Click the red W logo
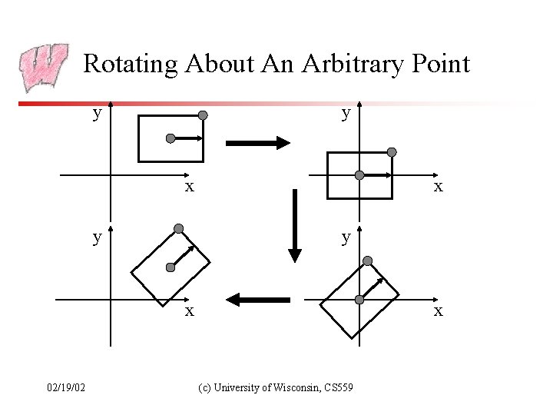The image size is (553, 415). pos(44,68)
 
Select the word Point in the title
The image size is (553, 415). pos(440,63)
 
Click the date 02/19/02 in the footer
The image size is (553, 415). pos(66,387)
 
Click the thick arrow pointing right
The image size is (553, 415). pos(257,142)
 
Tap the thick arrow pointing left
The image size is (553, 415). pos(258,299)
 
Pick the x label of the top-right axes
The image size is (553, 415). pos(438,186)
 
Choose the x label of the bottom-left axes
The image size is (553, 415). pos(188,310)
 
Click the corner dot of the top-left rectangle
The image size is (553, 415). pos(203,115)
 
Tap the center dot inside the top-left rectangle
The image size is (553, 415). pos(171,138)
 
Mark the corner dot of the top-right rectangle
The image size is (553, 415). pos(392,152)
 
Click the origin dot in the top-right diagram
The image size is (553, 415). pos(359,175)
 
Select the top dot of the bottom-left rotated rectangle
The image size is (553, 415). pos(179,228)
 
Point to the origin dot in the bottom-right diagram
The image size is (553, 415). pos(359,300)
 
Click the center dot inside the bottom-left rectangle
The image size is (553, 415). pos(170,267)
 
